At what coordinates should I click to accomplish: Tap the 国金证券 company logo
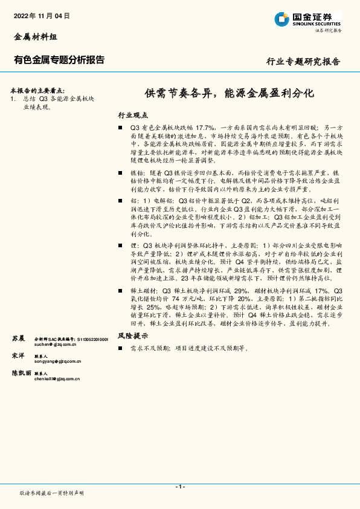[x=307, y=19]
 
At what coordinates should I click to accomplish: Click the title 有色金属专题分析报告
[x=59, y=60]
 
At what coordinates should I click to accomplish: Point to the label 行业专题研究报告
[x=303, y=62]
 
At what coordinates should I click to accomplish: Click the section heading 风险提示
[x=132, y=335]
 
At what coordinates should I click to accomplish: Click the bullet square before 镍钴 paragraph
[x=121, y=172]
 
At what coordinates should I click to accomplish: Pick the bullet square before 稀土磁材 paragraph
[x=121, y=291]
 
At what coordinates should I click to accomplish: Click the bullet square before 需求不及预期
[x=121, y=349]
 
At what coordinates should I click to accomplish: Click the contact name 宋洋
[x=18, y=356]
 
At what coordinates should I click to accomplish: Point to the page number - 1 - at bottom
[x=180, y=487]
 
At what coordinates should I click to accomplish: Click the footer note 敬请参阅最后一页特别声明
[x=51, y=493]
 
